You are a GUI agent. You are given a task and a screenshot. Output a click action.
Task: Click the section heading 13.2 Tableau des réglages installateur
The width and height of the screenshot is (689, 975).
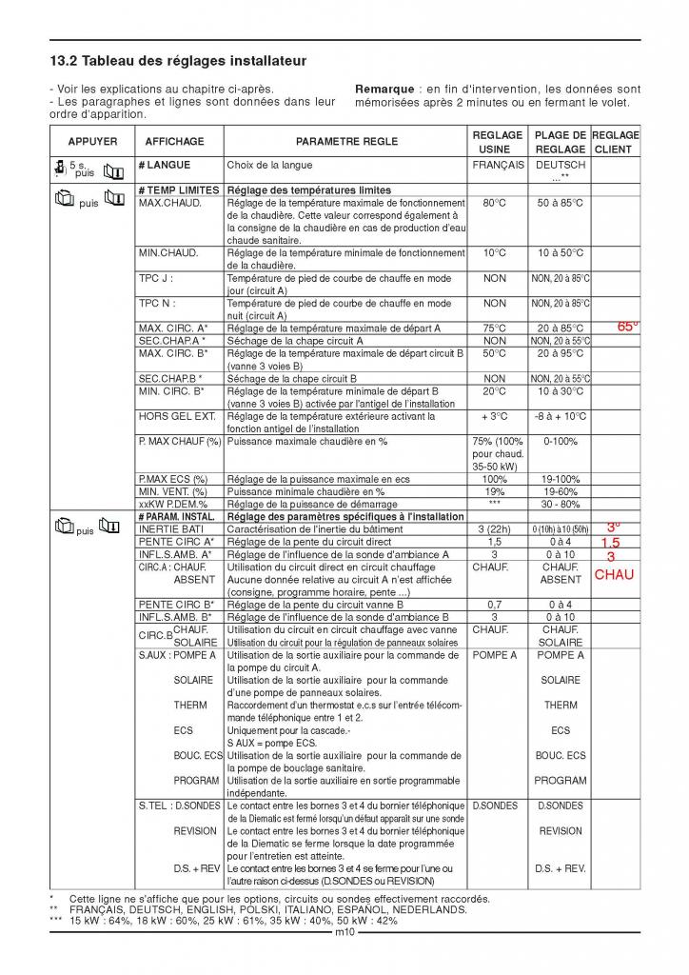(x=178, y=61)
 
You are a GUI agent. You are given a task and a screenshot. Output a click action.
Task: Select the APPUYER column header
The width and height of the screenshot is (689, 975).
(x=92, y=142)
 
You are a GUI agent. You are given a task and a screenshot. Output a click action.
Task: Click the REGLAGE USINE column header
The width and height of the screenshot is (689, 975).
(x=498, y=142)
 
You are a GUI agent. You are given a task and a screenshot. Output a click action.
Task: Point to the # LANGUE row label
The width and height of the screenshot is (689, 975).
(x=164, y=165)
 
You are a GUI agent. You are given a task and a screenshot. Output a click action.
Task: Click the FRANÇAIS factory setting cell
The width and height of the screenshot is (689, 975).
(x=498, y=165)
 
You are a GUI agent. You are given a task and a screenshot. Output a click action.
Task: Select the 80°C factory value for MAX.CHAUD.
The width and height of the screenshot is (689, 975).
(x=495, y=203)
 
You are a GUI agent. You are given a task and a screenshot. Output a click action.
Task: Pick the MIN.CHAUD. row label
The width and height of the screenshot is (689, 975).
(x=167, y=253)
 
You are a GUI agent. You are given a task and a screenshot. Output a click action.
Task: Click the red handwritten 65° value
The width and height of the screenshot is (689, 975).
(x=627, y=326)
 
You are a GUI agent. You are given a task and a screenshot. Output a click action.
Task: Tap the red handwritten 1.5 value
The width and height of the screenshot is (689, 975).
(x=610, y=542)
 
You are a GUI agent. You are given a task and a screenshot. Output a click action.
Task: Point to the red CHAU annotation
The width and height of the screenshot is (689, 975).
(x=614, y=574)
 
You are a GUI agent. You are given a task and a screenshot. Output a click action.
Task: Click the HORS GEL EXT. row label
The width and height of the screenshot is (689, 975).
(x=176, y=416)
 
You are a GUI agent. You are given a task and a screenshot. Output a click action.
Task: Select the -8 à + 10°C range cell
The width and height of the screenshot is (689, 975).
(x=561, y=416)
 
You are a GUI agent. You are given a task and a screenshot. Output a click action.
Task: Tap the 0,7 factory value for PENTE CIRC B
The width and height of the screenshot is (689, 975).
(x=495, y=604)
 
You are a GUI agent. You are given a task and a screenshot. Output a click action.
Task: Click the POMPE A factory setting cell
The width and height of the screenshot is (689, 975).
(x=495, y=655)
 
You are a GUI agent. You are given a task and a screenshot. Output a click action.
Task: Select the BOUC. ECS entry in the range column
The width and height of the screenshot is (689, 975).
(x=561, y=755)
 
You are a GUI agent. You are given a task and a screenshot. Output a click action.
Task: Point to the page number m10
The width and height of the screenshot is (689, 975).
(x=344, y=932)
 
